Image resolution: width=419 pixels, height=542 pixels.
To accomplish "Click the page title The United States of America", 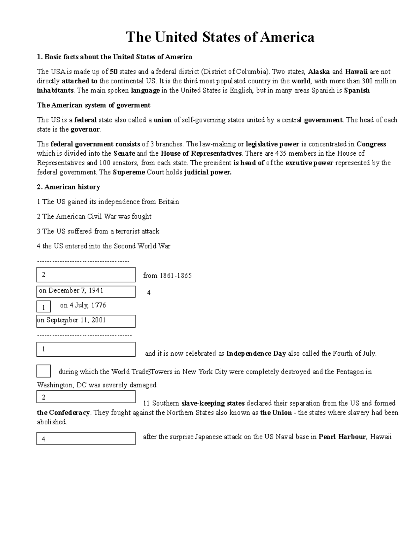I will click(x=220, y=37).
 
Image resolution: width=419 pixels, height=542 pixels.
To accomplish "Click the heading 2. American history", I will click(x=68, y=187).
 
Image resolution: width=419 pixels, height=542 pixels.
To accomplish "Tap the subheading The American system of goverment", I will click(x=94, y=105).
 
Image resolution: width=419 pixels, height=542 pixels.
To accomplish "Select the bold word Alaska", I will click(x=319, y=72).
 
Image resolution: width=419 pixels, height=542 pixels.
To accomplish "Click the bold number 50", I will click(x=113, y=72).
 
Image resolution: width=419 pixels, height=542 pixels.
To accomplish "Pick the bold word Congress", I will click(x=371, y=144).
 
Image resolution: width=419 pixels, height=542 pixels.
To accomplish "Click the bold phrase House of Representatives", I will click(x=201, y=154).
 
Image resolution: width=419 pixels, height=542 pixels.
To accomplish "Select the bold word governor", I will click(x=86, y=129).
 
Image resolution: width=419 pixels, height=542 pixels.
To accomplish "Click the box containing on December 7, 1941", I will click(x=86, y=291).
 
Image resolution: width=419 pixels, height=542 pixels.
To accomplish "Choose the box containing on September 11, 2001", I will click(x=86, y=321).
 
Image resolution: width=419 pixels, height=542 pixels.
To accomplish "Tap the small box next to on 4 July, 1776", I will click(x=44, y=307).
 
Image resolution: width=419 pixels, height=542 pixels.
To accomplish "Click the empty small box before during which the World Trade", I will click(x=44, y=371).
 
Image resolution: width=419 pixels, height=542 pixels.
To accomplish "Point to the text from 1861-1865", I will click(x=167, y=276).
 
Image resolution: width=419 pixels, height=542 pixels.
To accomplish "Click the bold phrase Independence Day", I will click(x=256, y=354).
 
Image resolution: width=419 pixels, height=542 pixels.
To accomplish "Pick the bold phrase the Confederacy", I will click(x=64, y=413).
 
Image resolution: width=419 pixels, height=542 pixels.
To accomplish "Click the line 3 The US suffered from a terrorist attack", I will click(x=98, y=231).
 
